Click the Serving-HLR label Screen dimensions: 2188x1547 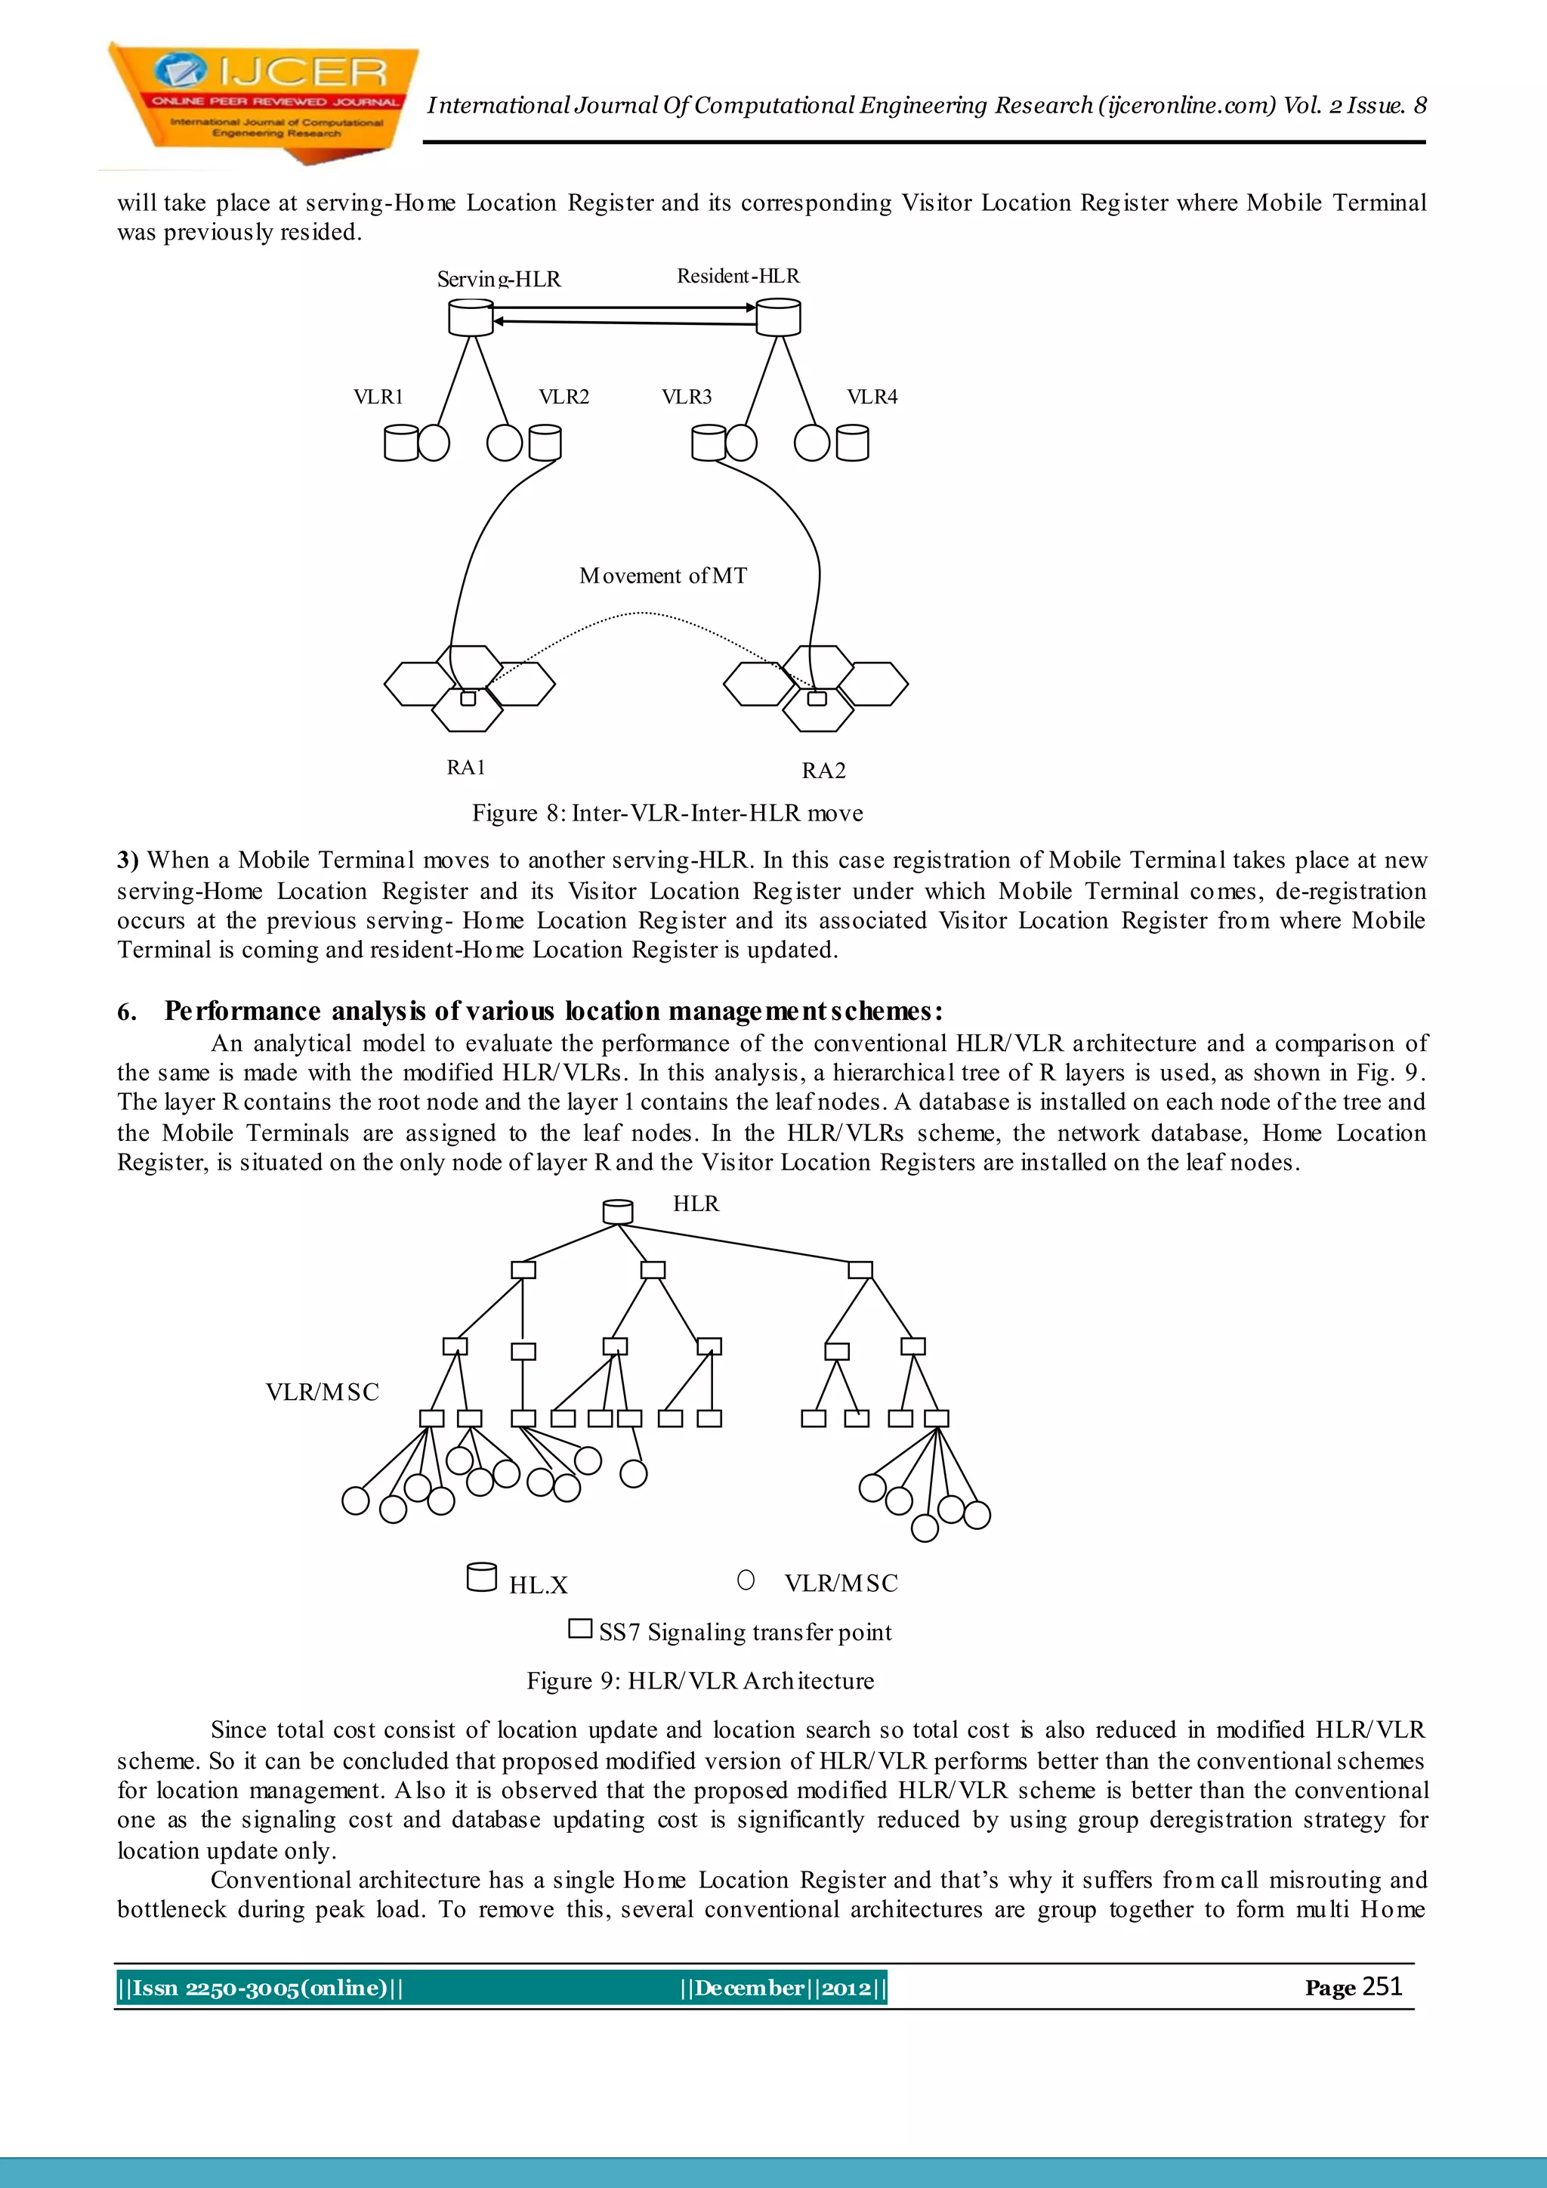[499, 280]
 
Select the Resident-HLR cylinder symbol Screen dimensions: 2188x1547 [778, 317]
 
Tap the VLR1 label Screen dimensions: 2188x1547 [378, 397]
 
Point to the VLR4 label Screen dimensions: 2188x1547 [872, 397]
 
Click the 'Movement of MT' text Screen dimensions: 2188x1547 [663, 576]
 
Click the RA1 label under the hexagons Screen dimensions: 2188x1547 [466, 767]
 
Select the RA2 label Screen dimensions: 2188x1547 [823, 770]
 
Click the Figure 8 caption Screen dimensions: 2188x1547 [667, 813]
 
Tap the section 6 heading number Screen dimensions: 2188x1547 [127, 1011]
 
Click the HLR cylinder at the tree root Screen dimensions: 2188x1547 [618, 1211]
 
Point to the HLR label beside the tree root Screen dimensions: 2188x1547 [696, 1204]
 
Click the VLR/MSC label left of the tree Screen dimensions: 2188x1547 [322, 1392]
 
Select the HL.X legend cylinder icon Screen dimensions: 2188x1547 [481, 1577]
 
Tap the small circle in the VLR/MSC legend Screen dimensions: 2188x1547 [746, 1580]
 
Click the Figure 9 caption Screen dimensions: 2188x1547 [700, 1681]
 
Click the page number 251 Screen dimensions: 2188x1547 [1382, 1986]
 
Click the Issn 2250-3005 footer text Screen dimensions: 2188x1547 [260, 1988]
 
